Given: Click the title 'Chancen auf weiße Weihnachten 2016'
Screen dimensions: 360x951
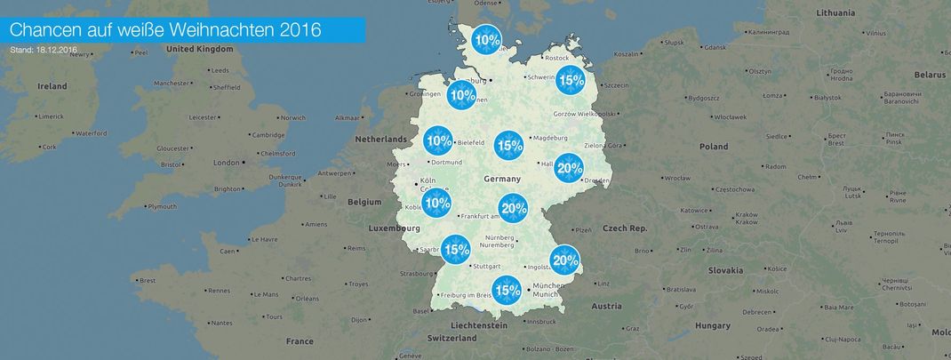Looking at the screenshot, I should click(165, 30).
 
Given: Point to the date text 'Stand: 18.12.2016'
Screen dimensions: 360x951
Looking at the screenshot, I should click(44, 51).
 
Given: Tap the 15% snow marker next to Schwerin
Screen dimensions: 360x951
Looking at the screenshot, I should click(570, 80).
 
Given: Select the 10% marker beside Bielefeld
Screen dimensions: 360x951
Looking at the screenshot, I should click(438, 140).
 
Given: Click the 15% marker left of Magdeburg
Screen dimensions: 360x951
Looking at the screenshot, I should click(508, 145).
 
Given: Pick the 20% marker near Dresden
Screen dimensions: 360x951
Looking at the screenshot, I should click(569, 168).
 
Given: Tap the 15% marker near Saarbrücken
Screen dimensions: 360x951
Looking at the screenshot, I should click(456, 250).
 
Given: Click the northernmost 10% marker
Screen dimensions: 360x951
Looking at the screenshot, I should click(486, 40).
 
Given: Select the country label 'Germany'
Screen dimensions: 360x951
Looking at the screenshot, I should click(501, 180).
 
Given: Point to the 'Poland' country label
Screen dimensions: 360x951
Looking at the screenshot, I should click(713, 147).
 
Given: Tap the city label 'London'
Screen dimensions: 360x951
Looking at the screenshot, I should click(227, 163).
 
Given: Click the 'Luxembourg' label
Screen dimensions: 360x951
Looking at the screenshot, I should click(394, 228).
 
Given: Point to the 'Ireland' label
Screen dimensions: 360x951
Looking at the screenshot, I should click(52, 86).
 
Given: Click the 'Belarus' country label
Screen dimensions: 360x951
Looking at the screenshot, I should click(929, 76).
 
